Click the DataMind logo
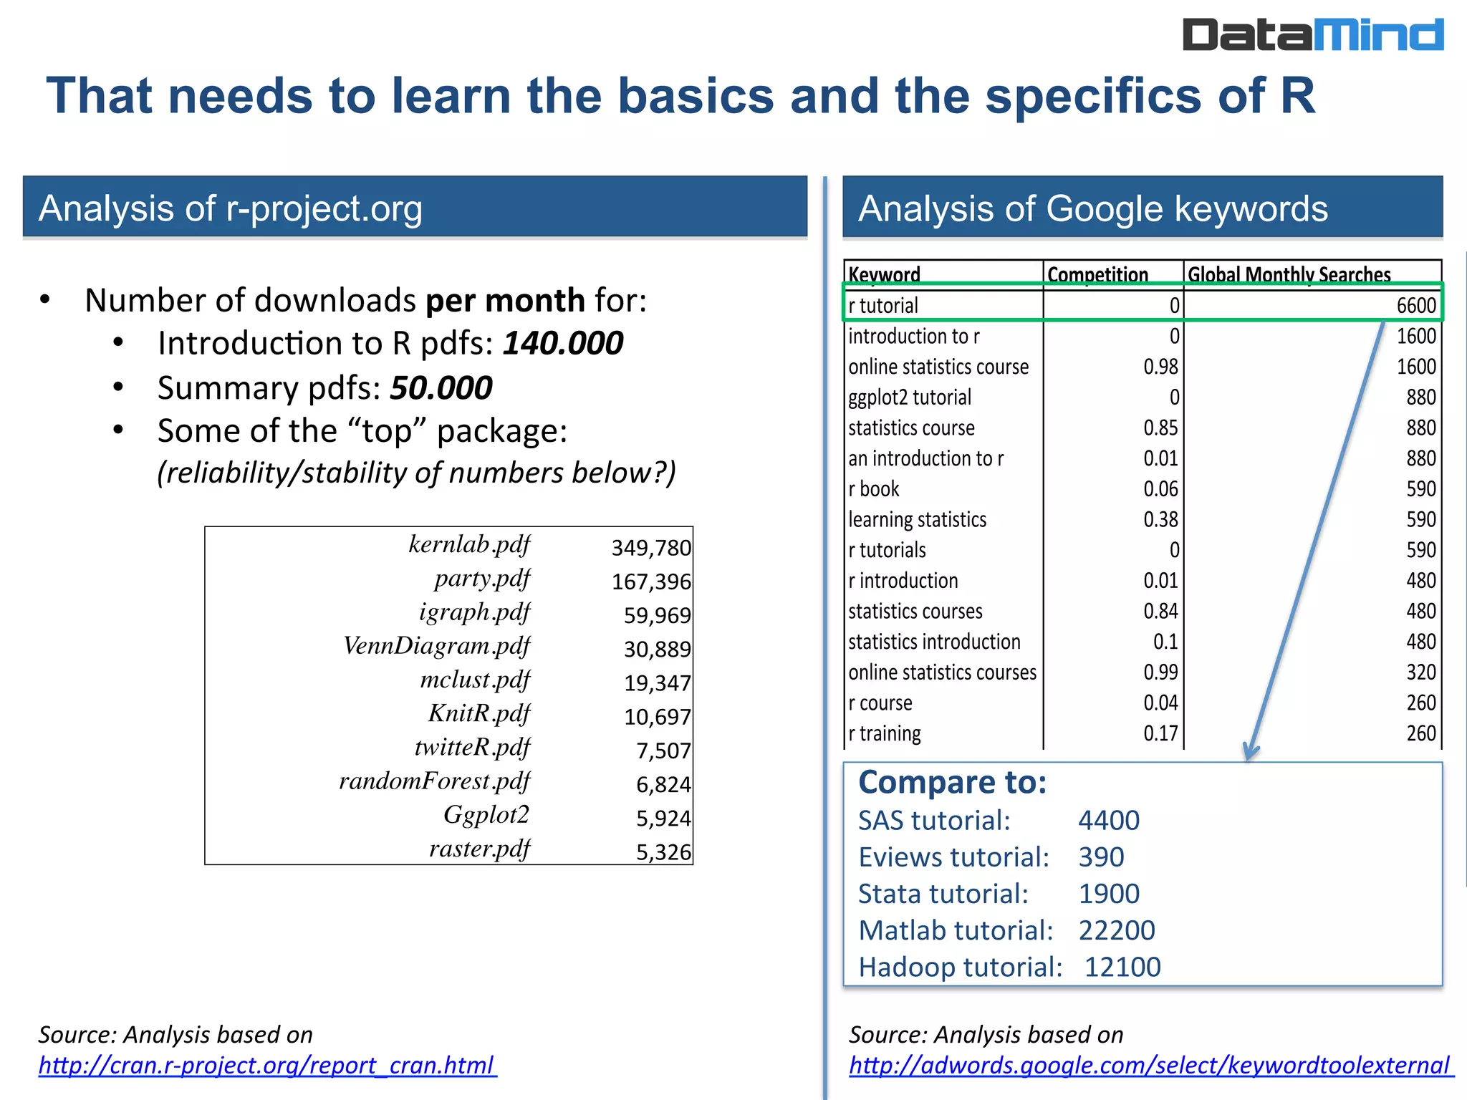coord(1312,35)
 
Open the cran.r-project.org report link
coord(266,1066)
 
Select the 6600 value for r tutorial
coord(1415,306)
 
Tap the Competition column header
coord(1097,274)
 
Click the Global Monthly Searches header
coord(1289,274)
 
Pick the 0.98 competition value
coord(1160,367)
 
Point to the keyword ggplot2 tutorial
coord(910,397)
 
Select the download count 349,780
coord(650,548)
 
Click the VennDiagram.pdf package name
coord(436,646)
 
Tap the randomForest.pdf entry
coord(434,781)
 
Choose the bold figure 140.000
coord(562,343)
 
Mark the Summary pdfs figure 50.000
coord(441,387)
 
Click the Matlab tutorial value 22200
coord(1116,930)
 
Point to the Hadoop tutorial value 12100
coord(1122,967)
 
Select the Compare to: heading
coord(952,782)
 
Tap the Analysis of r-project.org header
coord(230,208)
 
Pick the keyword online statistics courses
coord(942,672)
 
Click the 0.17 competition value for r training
coord(1160,733)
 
